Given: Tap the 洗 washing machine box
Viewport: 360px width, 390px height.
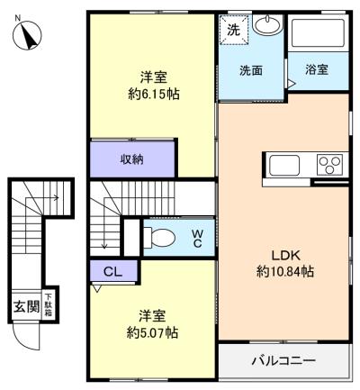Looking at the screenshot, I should (x=235, y=29).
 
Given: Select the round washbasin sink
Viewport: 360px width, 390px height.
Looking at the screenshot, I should (x=266, y=25).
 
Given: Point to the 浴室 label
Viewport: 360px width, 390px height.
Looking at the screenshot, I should (x=317, y=70).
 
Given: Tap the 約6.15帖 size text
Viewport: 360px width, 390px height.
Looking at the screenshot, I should (x=151, y=94).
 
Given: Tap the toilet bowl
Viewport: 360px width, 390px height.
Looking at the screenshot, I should (x=163, y=238).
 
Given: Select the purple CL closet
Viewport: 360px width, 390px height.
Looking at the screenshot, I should (x=112, y=270).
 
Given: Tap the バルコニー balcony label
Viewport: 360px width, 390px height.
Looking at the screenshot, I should (x=283, y=362).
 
